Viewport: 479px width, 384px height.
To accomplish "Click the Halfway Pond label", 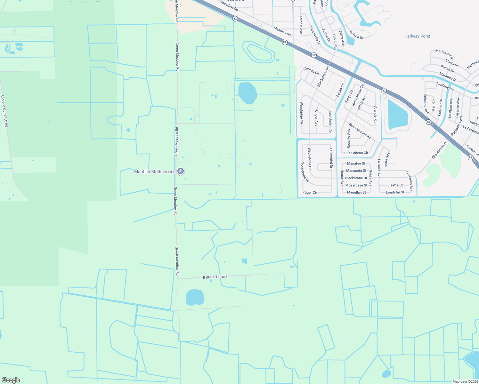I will (x=417, y=36).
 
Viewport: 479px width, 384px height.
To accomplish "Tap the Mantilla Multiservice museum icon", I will (x=181, y=172).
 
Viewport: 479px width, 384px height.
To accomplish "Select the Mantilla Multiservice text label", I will (x=155, y=172).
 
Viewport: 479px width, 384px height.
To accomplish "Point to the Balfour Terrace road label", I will (x=215, y=277).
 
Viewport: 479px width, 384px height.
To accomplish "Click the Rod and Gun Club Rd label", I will (x=4, y=111).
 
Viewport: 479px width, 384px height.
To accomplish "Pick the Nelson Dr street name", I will (x=356, y=35).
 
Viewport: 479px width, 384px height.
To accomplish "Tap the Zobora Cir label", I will (x=312, y=71).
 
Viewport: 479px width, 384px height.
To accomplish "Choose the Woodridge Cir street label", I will (x=301, y=113).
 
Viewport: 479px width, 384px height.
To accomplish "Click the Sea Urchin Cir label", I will (x=330, y=122).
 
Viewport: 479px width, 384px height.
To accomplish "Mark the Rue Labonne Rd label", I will (x=360, y=131).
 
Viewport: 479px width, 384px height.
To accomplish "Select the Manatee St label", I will (x=356, y=164).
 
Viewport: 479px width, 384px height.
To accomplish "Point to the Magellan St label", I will (x=356, y=192).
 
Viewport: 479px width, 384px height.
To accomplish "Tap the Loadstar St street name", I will (x=395, y=192).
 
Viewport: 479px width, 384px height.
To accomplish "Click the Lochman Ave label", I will (x=409, y=181).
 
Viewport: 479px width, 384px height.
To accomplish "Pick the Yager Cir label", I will (x=310, y=192).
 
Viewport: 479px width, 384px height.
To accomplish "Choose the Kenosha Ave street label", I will (x=426, y=103).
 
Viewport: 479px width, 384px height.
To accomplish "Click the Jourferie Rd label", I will (x=444, y=86).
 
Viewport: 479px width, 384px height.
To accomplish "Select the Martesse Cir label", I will (x=444, y=54).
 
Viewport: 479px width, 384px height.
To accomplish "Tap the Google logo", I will (x=11, y=380).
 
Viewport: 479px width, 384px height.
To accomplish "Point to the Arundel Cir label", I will (x=375, y=115).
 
